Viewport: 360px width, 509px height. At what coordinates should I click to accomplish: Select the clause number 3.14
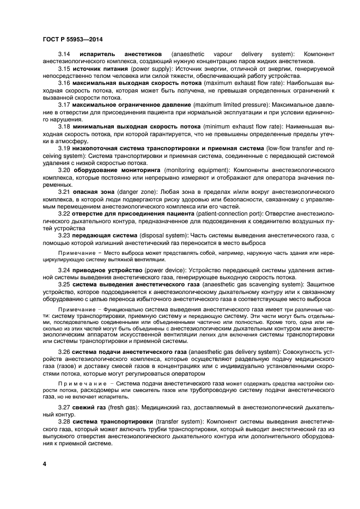click(64, 54)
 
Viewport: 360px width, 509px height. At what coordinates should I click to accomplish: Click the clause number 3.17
click(64, 104)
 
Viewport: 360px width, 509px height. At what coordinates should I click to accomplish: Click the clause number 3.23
click(64, 235)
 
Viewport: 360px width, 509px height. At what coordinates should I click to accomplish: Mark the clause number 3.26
click(64, 352)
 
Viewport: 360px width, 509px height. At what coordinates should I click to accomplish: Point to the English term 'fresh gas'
click(121, 407)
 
